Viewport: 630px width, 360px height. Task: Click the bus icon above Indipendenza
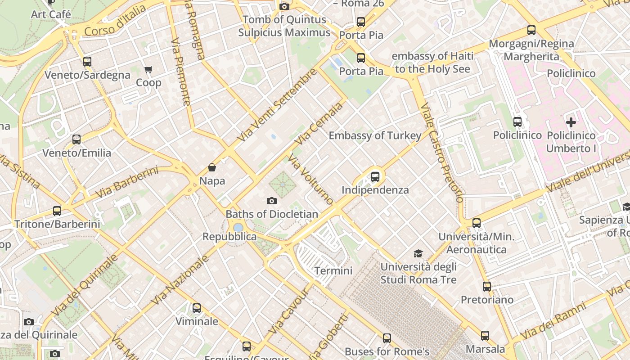click(375, 177)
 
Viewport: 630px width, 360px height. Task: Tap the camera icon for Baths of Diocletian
click(272, 201)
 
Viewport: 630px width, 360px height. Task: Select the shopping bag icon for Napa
click(212, 168)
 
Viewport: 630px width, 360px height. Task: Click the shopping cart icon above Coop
click(148, 69)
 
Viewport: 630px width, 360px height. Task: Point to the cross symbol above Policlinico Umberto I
click(571, 122)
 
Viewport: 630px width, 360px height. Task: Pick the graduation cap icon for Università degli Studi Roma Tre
click(418, 253)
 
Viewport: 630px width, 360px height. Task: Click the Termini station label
click(333, 270)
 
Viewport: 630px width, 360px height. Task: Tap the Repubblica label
click(229, 237)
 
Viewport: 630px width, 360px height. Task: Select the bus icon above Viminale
click(197, 308)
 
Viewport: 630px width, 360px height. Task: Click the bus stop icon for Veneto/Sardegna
click(87, 62)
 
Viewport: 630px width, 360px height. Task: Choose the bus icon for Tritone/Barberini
click(57, 211)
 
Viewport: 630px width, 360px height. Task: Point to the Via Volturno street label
click(311, 179)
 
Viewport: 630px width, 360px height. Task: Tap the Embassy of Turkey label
click(375, 135)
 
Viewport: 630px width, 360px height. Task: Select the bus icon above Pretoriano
click(487, 286)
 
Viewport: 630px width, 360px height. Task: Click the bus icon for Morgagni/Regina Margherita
click(531, 30)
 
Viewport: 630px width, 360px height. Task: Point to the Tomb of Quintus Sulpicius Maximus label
click(284, 26)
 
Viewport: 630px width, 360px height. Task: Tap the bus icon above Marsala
click(485, 335)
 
